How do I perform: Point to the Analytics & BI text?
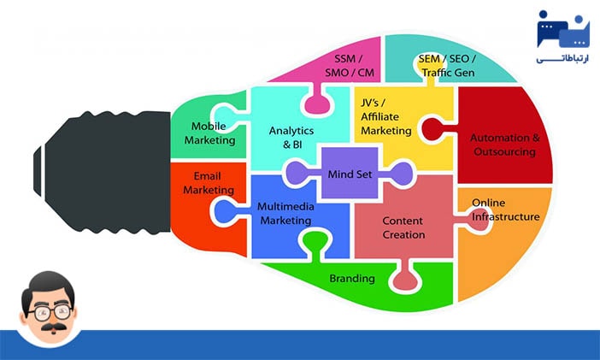click(x=291, y=138)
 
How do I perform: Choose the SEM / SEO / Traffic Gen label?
click(x=447, y=66)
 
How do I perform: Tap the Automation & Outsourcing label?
click(x=504, y=145)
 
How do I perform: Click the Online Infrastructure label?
click(x=506, y=210)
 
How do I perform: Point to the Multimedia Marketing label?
click(x=285, y=213)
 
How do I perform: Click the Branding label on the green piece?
click(x=352, y=278)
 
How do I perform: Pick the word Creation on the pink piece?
click(x=403, y=234)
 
